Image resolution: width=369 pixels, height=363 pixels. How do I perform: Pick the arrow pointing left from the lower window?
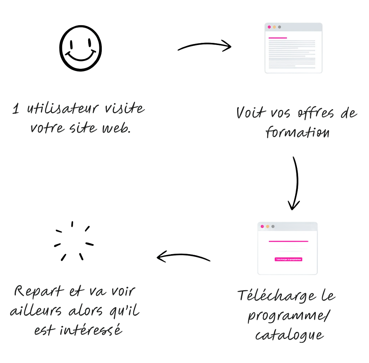pos(184,257)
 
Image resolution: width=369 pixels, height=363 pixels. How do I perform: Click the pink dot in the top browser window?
pos(269,27)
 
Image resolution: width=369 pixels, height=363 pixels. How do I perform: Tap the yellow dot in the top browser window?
pos(274,27)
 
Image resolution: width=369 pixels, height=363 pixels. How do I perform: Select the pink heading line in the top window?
pos(278,37)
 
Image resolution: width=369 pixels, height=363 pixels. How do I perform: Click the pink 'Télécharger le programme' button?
pos(288,259)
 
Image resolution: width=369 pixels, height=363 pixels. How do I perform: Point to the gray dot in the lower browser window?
pos(273,226)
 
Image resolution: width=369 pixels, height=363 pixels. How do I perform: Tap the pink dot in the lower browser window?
pos(262,226)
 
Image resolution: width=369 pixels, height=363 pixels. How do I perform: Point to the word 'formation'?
pos(297,132)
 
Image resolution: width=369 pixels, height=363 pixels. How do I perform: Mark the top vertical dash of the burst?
pos(72,224)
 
